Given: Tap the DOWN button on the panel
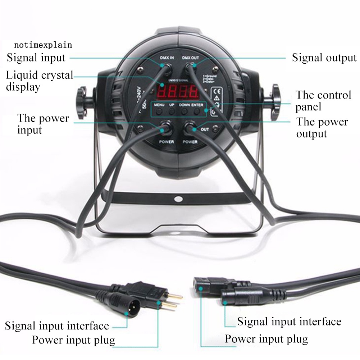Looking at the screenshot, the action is tap(184, 111).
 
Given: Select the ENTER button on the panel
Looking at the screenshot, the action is tap(197, 111).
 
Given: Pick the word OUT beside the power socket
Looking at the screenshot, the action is tap(205, 129).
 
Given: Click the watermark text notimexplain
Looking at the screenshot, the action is tap(43, 45).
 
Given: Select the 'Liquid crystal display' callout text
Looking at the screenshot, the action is tap(40, 81).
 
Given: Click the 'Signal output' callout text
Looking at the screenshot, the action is tap(324, 58).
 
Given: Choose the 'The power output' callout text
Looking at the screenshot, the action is tap(322, 128).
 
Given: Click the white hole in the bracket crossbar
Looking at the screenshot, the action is tap(178, 198).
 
